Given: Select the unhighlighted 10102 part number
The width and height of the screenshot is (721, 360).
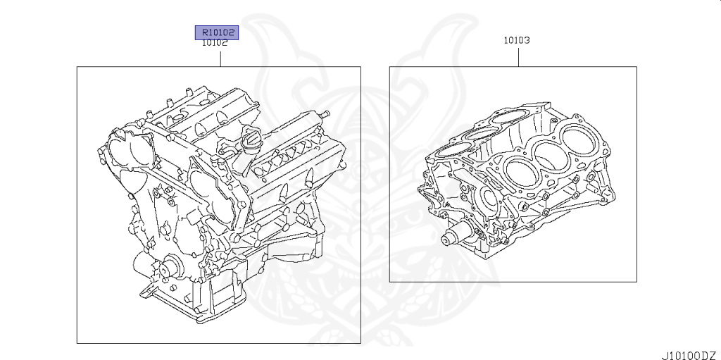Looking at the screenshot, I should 214,42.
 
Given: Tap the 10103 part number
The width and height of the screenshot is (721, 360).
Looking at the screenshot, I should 516,41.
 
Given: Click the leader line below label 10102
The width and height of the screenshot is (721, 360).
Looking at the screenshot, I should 220,57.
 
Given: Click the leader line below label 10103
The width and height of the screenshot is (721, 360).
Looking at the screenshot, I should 519,56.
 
